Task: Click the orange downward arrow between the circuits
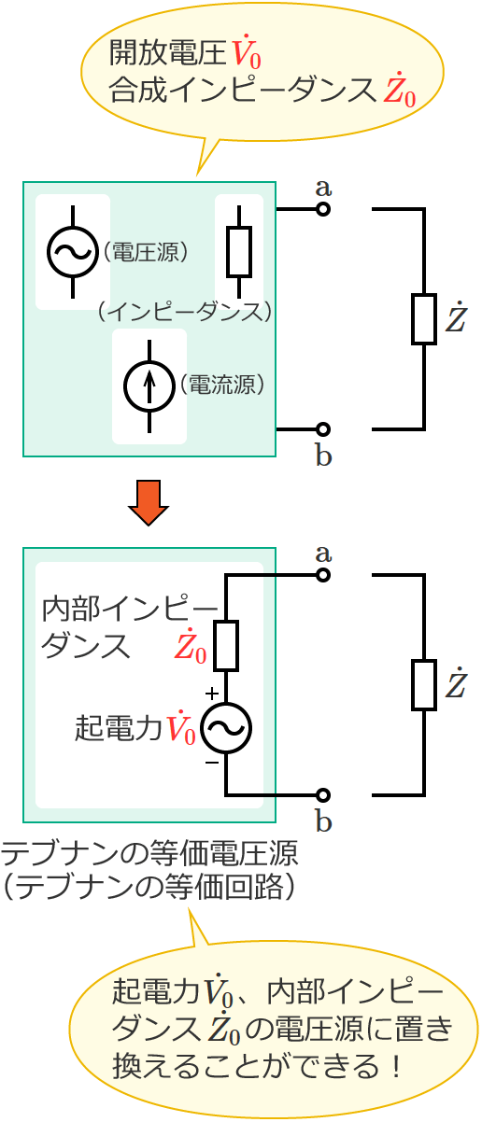click(149, 502)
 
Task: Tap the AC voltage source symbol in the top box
click(73, 251)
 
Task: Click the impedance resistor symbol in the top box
click(239, 251)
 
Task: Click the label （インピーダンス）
click(183, 311)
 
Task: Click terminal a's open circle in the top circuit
click(323, 209)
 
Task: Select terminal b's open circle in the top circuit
click(323, 429)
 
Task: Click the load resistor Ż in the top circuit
click(424, 319)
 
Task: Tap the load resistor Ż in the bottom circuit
click(424, 685)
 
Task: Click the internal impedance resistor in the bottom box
click(226, 645)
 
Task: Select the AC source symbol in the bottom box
click(226, 728)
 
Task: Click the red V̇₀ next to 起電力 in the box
click(180, 728)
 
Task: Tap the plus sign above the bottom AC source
click(212, 694)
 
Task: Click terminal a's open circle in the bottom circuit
click(323, 575)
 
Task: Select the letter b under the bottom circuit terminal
click(323, 822)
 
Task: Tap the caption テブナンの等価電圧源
click(149, 853)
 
